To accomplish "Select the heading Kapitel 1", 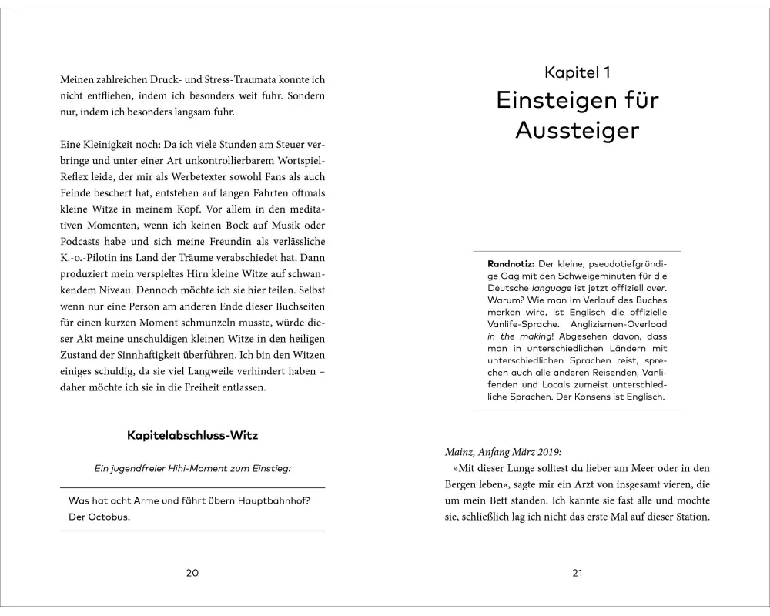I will tap(577, 73).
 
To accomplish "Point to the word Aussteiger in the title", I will tap(577, 130).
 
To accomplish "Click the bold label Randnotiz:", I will tap(507, 263).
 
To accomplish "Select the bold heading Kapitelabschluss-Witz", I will tap(192, 435).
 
